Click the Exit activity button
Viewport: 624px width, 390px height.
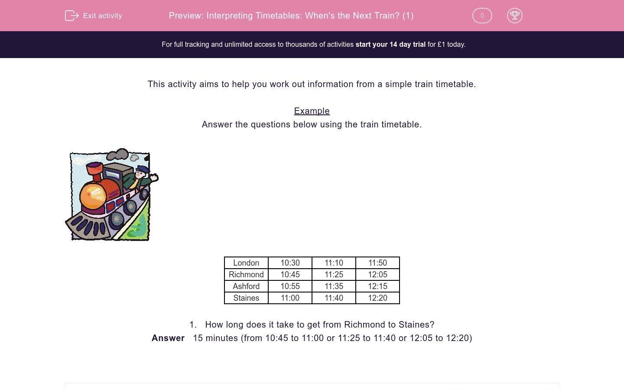point(94,16)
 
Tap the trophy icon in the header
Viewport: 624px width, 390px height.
point(514,16)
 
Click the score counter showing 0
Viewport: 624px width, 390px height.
point(482,16)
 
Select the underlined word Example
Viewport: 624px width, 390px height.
point(312,111)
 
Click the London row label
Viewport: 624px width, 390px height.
point(246,263)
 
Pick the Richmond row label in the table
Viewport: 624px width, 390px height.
point(246,275)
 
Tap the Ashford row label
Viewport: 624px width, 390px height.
point(246,286)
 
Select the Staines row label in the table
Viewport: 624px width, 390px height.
point(246,298)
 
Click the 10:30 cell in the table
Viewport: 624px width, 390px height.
point(290,263)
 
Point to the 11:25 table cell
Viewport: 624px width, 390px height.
point(334,275)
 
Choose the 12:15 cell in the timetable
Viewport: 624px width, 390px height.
point(377,286)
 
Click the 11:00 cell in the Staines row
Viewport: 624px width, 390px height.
point(290,298)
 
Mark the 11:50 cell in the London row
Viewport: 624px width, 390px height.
point(377,263)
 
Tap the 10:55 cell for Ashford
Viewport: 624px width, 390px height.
point(290,286)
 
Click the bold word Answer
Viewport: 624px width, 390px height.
point(168,338)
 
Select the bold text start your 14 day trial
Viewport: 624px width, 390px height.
point(390,44)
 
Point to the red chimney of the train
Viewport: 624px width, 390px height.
point(94,169)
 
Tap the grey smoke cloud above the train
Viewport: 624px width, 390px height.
point(118,155)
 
